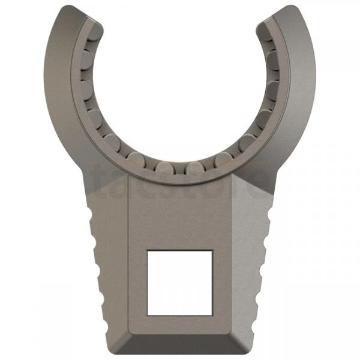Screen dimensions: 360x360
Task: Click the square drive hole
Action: click(x=179, y=283)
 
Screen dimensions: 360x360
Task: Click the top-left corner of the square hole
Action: click(x=148, y=251)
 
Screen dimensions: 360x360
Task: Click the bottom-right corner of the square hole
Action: click(x=211, y=314)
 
